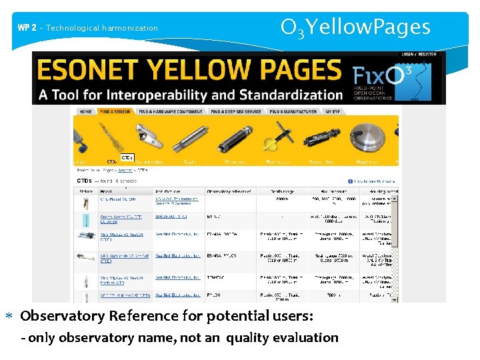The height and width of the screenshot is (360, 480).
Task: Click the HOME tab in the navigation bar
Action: coord(86,111)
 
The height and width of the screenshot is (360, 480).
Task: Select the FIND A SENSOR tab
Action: coord(115,111)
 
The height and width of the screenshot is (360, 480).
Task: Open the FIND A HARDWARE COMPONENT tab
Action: coord(172,111)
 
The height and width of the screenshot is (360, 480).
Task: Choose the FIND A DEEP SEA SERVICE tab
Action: coord(237,111)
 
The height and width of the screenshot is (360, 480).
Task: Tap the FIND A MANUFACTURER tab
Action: coord(295,111)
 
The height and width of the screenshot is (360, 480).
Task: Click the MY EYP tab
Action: coord(333,111)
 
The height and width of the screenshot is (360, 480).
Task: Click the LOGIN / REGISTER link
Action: coord(419,54)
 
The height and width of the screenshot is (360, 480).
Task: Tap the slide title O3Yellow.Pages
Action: coord(355,27)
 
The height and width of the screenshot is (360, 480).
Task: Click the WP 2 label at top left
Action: coord(27,28)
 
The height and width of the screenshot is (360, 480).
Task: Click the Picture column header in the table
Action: coord(87,191)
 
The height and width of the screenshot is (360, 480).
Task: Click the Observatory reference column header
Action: coord(231,191)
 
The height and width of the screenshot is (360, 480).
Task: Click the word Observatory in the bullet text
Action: coord(63,315)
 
